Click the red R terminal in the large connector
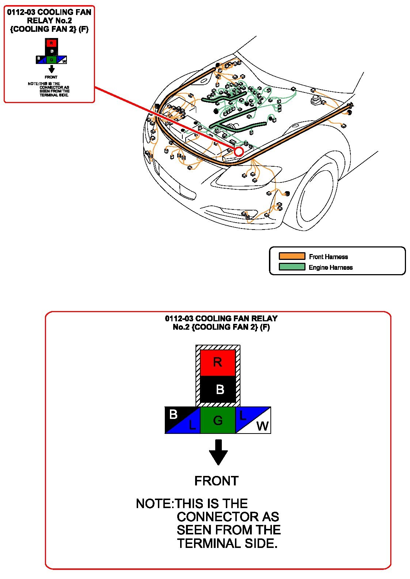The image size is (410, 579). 217,362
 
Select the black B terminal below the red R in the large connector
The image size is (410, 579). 218,389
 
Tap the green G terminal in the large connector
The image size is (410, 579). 218,420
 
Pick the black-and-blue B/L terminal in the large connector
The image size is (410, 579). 182,420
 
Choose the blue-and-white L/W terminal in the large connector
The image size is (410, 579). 253,420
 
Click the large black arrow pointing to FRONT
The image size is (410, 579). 218,452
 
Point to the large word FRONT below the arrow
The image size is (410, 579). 216,481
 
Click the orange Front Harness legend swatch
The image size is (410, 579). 292,256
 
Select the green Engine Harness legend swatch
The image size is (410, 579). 292,267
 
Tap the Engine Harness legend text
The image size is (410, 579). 330,267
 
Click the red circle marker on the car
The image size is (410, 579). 239,151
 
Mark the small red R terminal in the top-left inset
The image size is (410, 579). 52,43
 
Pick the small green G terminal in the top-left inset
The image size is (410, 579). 52,60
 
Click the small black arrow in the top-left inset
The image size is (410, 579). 52,69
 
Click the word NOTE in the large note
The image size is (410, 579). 153,504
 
